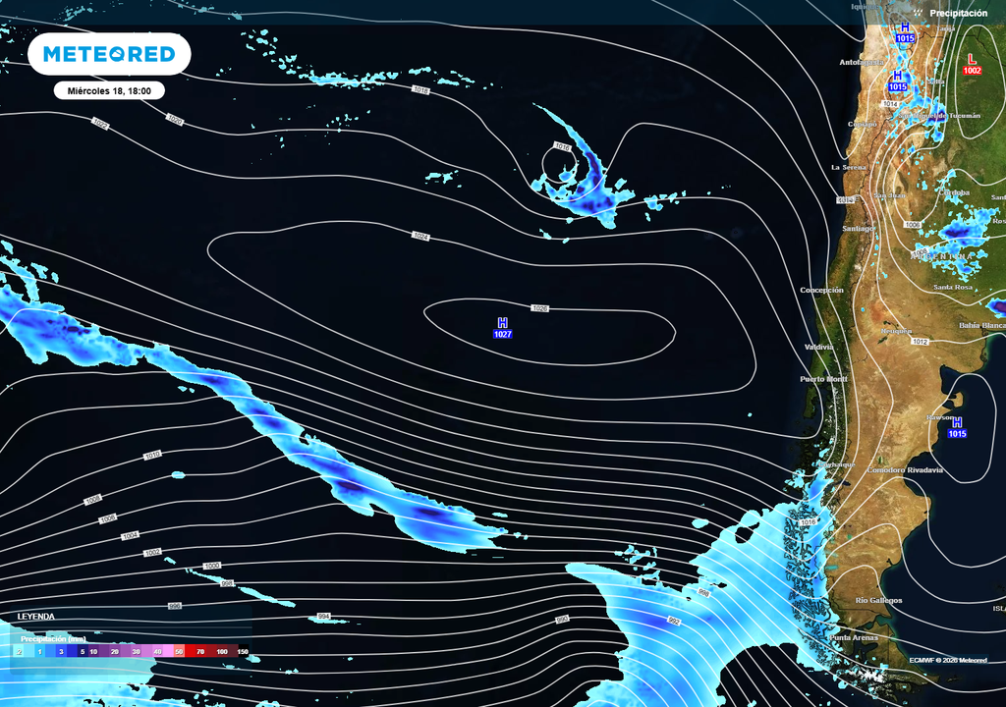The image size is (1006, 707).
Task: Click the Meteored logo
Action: (x=108, y=54)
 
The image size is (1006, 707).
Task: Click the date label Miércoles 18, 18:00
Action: (x=108, y=90)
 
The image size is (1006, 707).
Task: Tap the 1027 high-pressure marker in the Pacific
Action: (x=502, y=329)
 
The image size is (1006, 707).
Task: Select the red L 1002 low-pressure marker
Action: (x=972, y=65)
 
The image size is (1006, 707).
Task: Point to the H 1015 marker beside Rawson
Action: (x=957, y=427)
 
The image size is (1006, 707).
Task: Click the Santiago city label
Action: (x=858, y=229)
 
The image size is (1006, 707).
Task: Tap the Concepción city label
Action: (x=821, y=291)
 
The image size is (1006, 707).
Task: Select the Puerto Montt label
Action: (x=823, y=379)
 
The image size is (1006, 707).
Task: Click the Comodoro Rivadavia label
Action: (x=905, y=470)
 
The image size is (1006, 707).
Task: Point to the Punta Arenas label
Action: (x=852, y=637)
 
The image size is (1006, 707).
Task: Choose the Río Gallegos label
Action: (x=878, y=600)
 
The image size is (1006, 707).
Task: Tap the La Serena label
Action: (x=849, y=168)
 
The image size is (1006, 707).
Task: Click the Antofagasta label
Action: (x=861, y=63)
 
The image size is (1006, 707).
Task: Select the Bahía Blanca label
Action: (x=981, y=325)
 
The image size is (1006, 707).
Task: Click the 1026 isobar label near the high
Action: (x=539, y=308)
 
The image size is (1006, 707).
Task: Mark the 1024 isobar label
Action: (x=421, y=237)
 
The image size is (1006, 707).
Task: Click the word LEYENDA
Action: (x=35, y=617)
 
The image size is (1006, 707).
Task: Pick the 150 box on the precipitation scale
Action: (x=242, y=651)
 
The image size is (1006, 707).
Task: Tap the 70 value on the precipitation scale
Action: (x=199, y=651)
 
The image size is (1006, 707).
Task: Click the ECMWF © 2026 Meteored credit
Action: (x=948, y=660)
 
